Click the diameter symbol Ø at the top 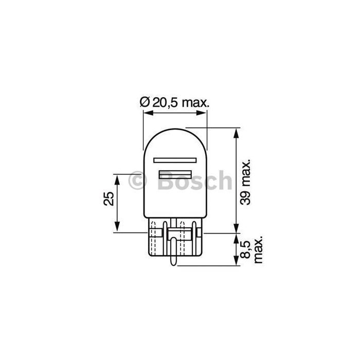pyautogui.click(x=145, y=102)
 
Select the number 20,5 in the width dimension pyautogui.click(x=165, y=102)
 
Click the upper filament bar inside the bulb pyautogui.click(x=175, y=159)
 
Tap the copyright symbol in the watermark pyautogui.click(x=138, y=181)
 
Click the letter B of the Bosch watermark pyautogui.click(x=164, y=181)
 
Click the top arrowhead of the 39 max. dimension pyautogui.click(x=236, y=131)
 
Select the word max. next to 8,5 pyautogui.click(x=259, y=250)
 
